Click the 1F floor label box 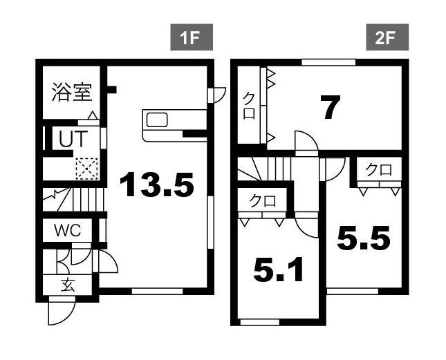(192, 37)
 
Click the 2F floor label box (387, 37)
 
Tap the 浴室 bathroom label (72, 92)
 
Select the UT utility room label (73, 138)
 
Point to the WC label (68, 230)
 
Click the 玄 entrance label (68, 285)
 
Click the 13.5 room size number (157, 184)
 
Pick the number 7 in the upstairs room (330, 107)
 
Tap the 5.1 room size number (278, 269)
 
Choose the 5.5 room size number (363, 238)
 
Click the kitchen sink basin (157, 120)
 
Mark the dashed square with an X (86, 169)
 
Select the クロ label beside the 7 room (249, 106)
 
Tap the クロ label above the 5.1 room (263, 201)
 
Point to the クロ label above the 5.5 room (379, 169)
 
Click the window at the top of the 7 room (328, 62)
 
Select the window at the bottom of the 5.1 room (260, 322)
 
